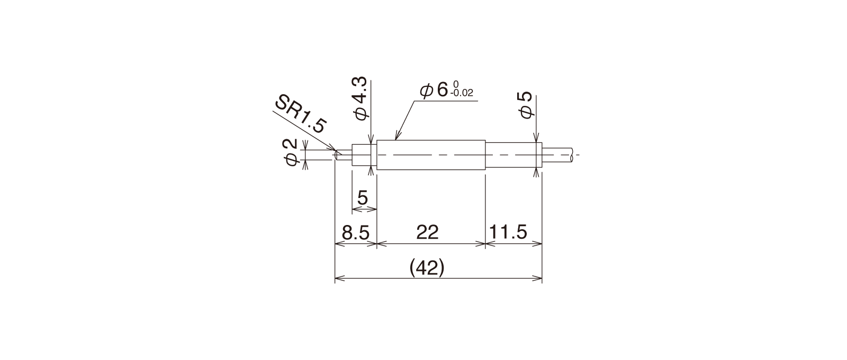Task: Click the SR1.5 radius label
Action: (300, 114)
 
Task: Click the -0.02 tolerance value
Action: (462, 93)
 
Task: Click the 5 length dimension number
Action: (362, 197)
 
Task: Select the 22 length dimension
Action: (427, 232)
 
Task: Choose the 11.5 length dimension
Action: (508, 232)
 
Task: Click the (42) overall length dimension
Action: (427, 268)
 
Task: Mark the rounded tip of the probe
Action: (336, 155)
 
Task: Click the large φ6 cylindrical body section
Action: (431, 155)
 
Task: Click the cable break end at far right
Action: (572, 155)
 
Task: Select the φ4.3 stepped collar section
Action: (365, 155)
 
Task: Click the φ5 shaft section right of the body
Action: (514, 155)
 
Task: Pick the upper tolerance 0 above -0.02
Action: (455, 84)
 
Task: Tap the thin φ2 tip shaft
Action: (344, 155)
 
